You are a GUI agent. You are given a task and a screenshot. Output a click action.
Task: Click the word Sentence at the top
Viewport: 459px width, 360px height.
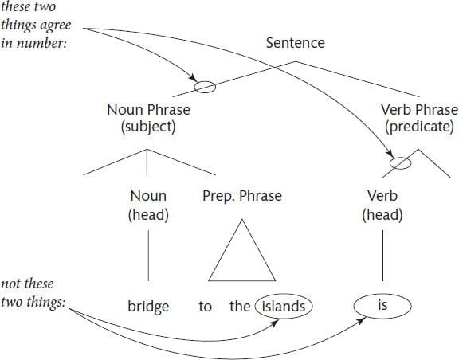[296, 43]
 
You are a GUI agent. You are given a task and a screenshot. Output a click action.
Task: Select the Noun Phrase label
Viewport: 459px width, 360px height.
[149, 110]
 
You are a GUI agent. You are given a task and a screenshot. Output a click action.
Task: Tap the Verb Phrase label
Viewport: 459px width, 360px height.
[419, 110]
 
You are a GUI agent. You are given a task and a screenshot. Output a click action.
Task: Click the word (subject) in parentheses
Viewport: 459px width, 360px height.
[149, 127]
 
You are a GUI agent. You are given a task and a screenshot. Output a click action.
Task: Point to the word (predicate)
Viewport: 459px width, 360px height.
[419, 127]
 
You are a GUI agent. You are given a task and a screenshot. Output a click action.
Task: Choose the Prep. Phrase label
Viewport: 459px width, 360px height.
[242, 196]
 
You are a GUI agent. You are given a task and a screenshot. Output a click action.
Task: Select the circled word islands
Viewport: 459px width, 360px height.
[284, 307]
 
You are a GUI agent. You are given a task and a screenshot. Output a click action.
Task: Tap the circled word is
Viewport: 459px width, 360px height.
[382, 306]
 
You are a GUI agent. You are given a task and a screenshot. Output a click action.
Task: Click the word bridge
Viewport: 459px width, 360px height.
[148, 307]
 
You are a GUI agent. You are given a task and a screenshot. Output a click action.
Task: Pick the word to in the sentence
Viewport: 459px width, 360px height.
[206, 307]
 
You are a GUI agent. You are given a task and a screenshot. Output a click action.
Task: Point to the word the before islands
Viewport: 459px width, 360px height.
[240, 307]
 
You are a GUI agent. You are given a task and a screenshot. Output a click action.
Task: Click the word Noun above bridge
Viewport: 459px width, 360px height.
[148, 196]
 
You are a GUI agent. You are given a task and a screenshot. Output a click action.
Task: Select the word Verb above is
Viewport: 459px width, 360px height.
[382, 196]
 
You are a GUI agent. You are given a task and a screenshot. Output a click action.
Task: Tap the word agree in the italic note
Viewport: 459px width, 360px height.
[56, 25]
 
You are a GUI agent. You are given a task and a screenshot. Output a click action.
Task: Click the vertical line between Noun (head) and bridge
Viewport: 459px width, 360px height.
[148, 256]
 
